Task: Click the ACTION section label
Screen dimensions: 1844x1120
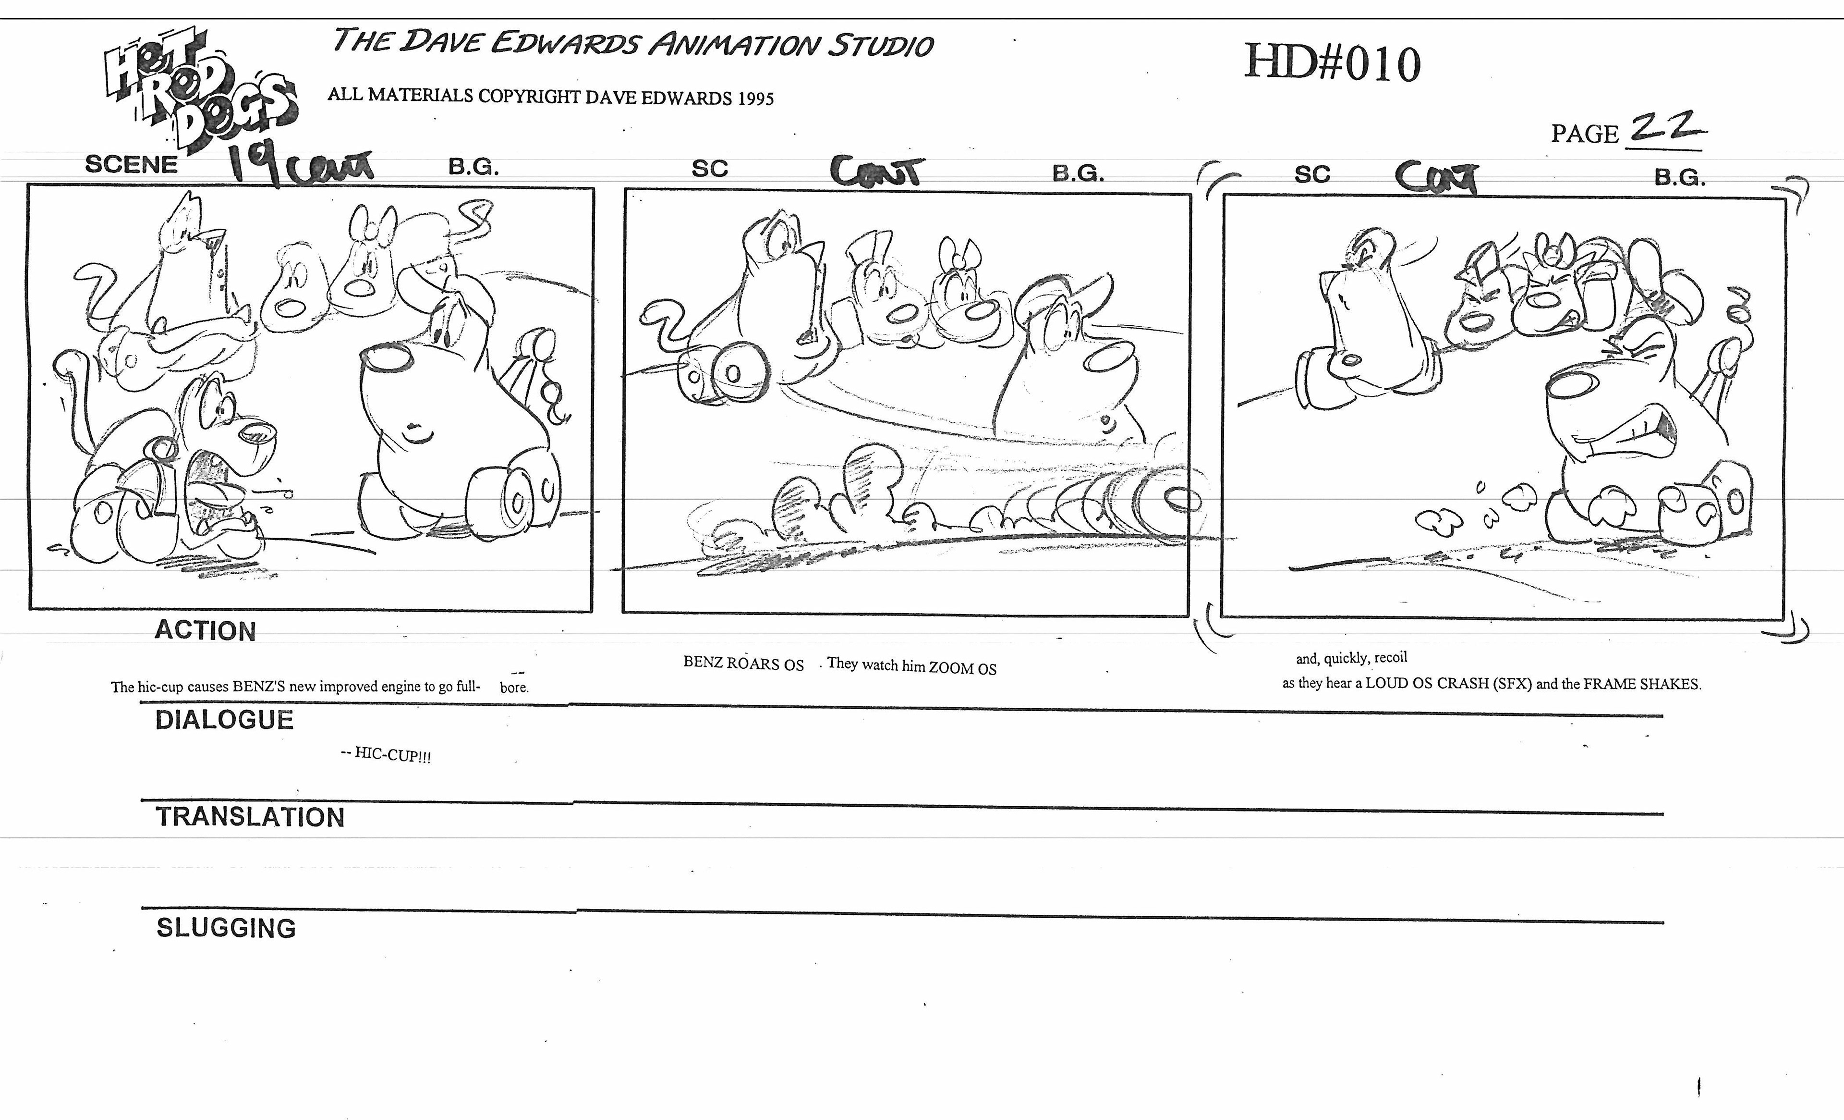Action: pos(205,631)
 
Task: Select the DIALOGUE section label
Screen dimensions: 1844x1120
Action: pos(224,720)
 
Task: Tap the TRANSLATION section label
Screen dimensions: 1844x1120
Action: pos(250,817)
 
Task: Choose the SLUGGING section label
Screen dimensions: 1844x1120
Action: pos(226,928)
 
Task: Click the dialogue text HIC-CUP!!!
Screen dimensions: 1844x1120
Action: pos(393,755)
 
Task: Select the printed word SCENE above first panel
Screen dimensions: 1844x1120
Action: pos(131,164)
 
